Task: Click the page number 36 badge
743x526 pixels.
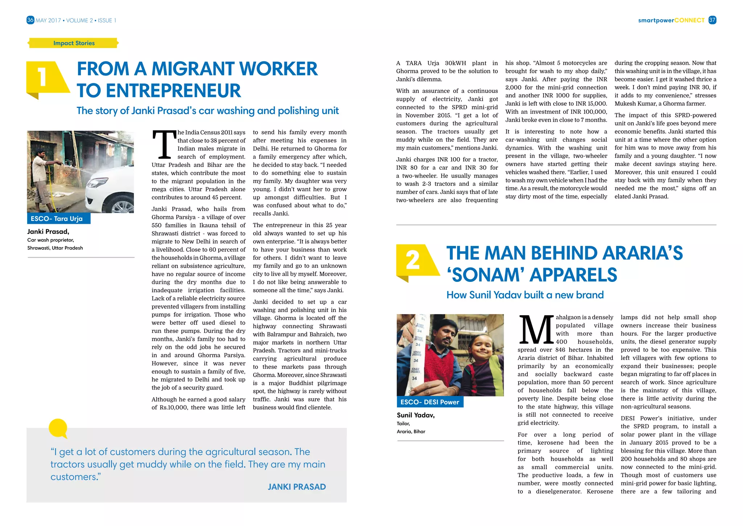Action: [x=30, y=20]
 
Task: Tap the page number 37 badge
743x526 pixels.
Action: [x=712, y=20]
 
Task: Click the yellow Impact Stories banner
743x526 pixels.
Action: [x=74, y=43]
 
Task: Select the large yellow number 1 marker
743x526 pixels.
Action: [x=43, y=78]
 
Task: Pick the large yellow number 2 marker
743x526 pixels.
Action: [x=413, y=261]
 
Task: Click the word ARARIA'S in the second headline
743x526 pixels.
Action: [x=642, y=253]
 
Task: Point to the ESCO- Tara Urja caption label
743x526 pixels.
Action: [x=57, y=219]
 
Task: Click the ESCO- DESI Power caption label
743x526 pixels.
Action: [x=430, y=402]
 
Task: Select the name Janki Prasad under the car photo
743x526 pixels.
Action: [x=48, y=232]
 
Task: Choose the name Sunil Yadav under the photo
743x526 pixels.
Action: [x=415, y=415]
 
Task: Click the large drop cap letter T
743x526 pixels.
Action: [x=164, y=145]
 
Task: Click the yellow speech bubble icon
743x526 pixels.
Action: [x=58, y=428]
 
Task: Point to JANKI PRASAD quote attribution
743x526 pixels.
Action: [x=296, y=487]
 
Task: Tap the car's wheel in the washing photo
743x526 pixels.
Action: [x=122, y=206]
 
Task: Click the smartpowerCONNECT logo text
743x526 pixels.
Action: [x=671, y=20]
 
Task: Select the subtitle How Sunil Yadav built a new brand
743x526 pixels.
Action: [x=525, y=295]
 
